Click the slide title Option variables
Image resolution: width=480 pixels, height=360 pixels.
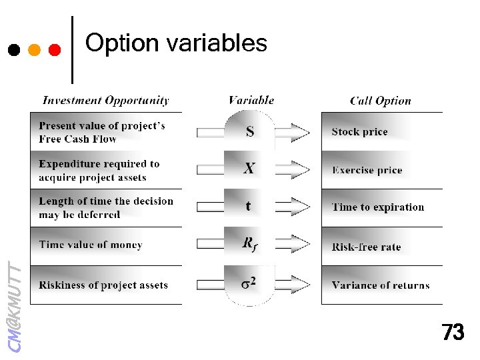click(x=176, y=43)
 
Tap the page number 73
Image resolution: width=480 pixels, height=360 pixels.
click(x=453, y=332)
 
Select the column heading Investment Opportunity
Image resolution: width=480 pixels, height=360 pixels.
click(x=105, y=101)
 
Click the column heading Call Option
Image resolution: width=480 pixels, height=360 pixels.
click(x=381, y=101)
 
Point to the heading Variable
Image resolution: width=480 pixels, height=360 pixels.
click(x=251, y=101)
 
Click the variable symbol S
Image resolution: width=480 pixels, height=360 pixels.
click(x=250, y=131)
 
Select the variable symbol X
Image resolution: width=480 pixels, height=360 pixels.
click(x=249, y=169)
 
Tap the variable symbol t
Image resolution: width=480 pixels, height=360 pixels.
click(x=249, y=206)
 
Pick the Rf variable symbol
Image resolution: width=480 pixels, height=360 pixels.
click(x=249, y=244)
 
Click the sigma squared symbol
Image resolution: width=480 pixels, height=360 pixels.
click(x=249, y=283)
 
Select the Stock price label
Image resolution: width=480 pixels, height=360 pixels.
click(x=359, y=132)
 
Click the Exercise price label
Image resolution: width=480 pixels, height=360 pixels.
click(x=367, y=170)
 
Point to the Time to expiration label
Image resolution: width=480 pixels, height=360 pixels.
click(x=377, y=207)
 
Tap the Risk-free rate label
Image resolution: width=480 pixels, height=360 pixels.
click(x=366, y=247)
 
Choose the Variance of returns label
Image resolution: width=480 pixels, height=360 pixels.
click(x=380, y=285)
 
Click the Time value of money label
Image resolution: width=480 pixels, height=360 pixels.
click(x=91, y=245)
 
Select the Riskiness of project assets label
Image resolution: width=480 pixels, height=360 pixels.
click(x=103, y=285)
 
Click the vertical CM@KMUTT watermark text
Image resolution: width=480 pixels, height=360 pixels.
click(x=15, y=307)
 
